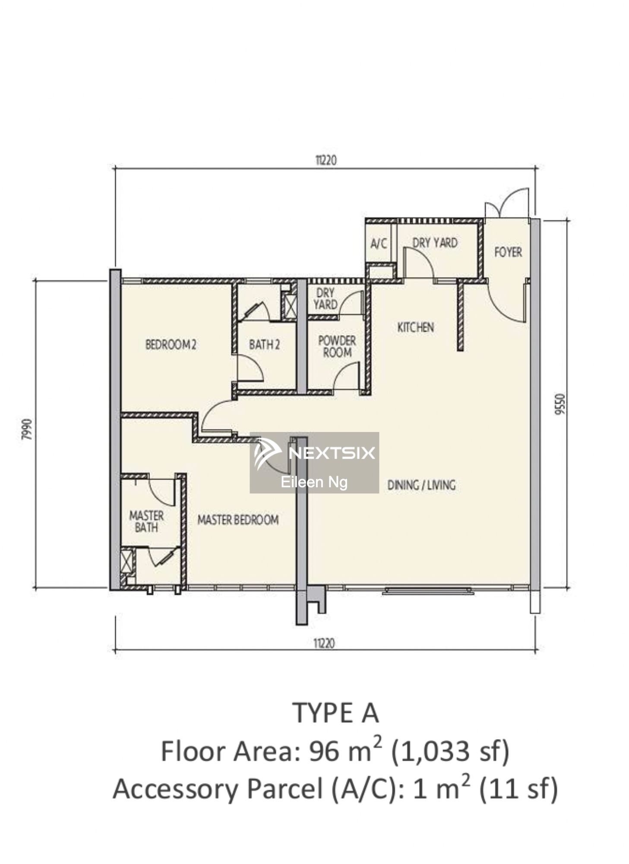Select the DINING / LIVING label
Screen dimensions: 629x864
coord(421,485)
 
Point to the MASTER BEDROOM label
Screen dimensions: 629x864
coord(238,519)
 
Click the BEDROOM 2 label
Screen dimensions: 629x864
coord(171,344)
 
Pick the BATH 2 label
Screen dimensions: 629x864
coord(264,344)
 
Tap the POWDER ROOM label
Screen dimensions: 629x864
coord(337,346)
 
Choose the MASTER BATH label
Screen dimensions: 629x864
coord(146,521)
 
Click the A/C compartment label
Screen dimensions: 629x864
coord(379,244)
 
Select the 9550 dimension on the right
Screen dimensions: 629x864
coord(560,404)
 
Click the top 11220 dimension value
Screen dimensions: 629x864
coord(326,160)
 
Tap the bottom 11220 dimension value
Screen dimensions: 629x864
coord(324,643)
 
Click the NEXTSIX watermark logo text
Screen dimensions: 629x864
coord(332,453)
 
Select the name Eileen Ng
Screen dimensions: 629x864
coord(314,482)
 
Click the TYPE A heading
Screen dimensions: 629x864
coord(335,713)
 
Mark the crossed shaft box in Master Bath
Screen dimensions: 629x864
coord(126,561)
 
